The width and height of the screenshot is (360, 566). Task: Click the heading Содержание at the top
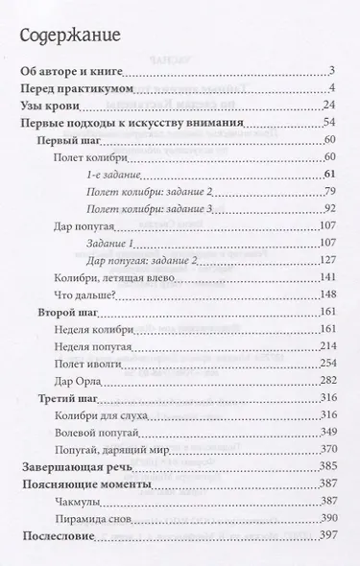pos(69,37)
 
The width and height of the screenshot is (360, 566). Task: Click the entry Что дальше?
pos(87,295)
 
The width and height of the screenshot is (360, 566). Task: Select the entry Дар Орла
pos(80,381)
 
